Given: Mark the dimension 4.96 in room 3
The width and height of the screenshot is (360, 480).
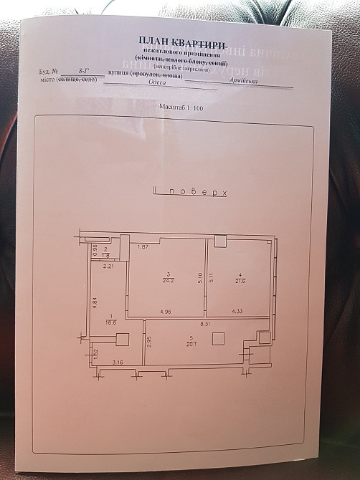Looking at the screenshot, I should tap(166, 312).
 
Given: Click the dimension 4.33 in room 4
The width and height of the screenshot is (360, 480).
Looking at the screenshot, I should tap(239, 312).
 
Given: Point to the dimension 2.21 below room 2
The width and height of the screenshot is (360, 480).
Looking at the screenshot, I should tap(109, 267).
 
